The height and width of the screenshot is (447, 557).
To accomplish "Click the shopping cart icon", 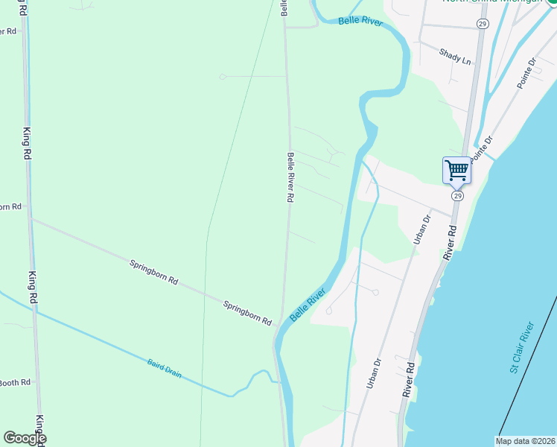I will click(x=456, y=170).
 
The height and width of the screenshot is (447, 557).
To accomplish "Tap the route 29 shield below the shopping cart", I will click(x=457, y=195).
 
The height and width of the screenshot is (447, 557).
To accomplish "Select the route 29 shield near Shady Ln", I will click(x=483, y=25).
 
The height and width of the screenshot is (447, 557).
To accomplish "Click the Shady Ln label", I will click(x=455, y=56).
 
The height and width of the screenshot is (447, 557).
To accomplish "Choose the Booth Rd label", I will click(x=15, y=382).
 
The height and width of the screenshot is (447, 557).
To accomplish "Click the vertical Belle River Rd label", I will click(x=291, y=178).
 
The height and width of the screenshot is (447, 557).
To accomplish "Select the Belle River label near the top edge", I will click(x=360, y=22).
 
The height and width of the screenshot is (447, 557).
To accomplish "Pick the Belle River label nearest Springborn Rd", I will click(x=308, y=305).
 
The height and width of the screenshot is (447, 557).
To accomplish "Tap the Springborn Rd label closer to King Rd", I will click(x=154, y=272).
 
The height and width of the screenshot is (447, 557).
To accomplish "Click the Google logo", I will click(x=25, y=438).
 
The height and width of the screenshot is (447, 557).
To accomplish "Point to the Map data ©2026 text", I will click(x=525, y=441).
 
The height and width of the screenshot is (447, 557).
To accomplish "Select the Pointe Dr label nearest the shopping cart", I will click(x=483, y=145).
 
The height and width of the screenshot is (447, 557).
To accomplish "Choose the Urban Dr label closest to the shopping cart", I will click(x=421, y=230).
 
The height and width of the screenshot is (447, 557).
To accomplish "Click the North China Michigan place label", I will click(x=492, y=1).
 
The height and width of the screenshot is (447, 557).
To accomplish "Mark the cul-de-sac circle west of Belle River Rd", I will click(x=222, y=76).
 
